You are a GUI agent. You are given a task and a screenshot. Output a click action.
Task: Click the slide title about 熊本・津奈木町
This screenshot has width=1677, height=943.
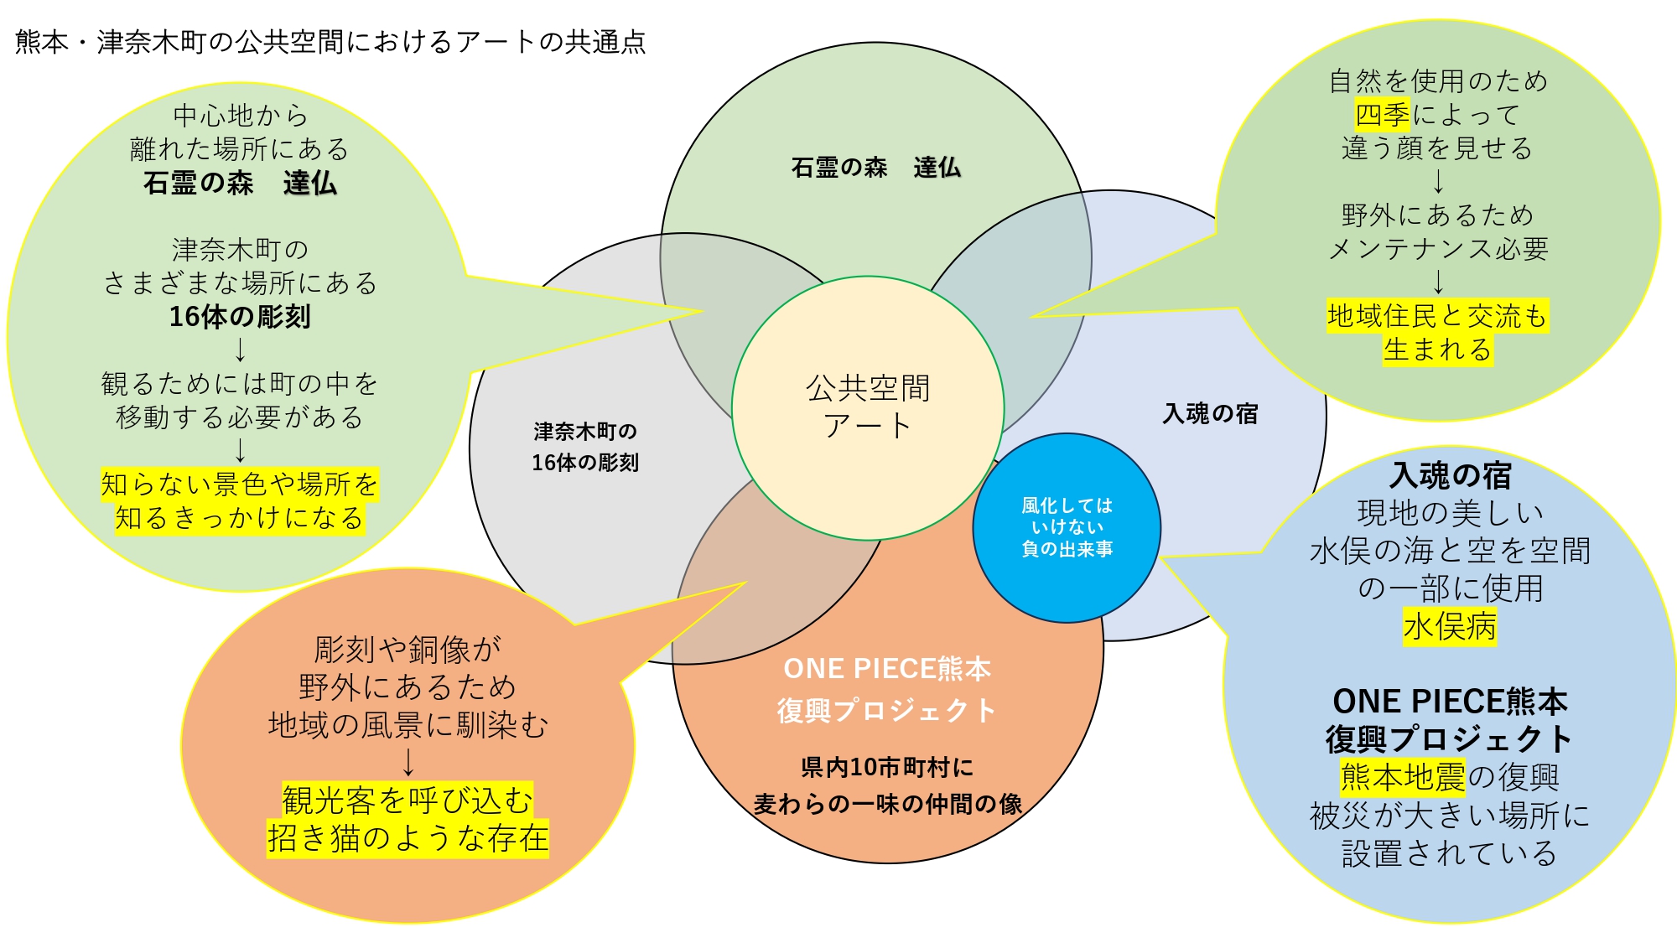[330, 42]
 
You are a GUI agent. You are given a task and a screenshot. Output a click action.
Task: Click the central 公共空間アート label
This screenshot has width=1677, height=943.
[868, 407]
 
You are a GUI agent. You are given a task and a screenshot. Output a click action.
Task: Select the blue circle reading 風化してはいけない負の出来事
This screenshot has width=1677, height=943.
[1067, 527]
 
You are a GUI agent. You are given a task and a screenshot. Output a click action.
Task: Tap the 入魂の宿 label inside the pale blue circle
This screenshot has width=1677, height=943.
[1210, 413]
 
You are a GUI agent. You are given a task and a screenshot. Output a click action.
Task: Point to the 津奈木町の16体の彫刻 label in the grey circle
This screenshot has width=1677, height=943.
[585, 447]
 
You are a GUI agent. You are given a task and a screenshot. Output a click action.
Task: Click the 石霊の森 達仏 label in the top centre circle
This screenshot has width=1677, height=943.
[875, 168]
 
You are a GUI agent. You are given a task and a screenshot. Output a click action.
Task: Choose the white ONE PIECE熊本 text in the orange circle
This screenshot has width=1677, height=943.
[887, 669]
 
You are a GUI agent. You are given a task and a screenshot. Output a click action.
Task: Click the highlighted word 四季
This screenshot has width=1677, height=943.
[1383, 115]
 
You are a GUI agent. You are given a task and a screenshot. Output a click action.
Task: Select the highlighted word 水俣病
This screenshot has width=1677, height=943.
[1450, 626]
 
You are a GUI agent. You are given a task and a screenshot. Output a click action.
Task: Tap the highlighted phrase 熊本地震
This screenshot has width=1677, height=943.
[1403, 777]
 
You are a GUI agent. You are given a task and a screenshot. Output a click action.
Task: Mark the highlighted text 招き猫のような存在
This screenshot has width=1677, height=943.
[408, 839]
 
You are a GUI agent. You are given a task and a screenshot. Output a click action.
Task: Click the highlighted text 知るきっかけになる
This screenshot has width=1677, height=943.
[240, 518]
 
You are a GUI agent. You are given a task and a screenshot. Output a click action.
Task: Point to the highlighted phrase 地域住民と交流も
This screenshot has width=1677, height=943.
[1437, 316]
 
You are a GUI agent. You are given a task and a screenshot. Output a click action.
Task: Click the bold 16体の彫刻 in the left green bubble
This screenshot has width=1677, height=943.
[240, 317]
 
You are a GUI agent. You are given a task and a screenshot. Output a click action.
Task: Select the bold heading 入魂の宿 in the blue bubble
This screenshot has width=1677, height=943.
[1450, 475]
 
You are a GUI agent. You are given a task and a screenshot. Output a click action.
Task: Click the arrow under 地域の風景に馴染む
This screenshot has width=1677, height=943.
[408, 762]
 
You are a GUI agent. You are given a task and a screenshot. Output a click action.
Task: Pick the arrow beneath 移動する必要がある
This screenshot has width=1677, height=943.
[241, 450]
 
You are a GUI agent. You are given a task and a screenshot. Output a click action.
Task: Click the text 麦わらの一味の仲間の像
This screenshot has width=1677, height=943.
[887, 805]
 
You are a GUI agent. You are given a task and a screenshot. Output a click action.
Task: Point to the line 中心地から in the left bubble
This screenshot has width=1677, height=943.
[241, 116]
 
